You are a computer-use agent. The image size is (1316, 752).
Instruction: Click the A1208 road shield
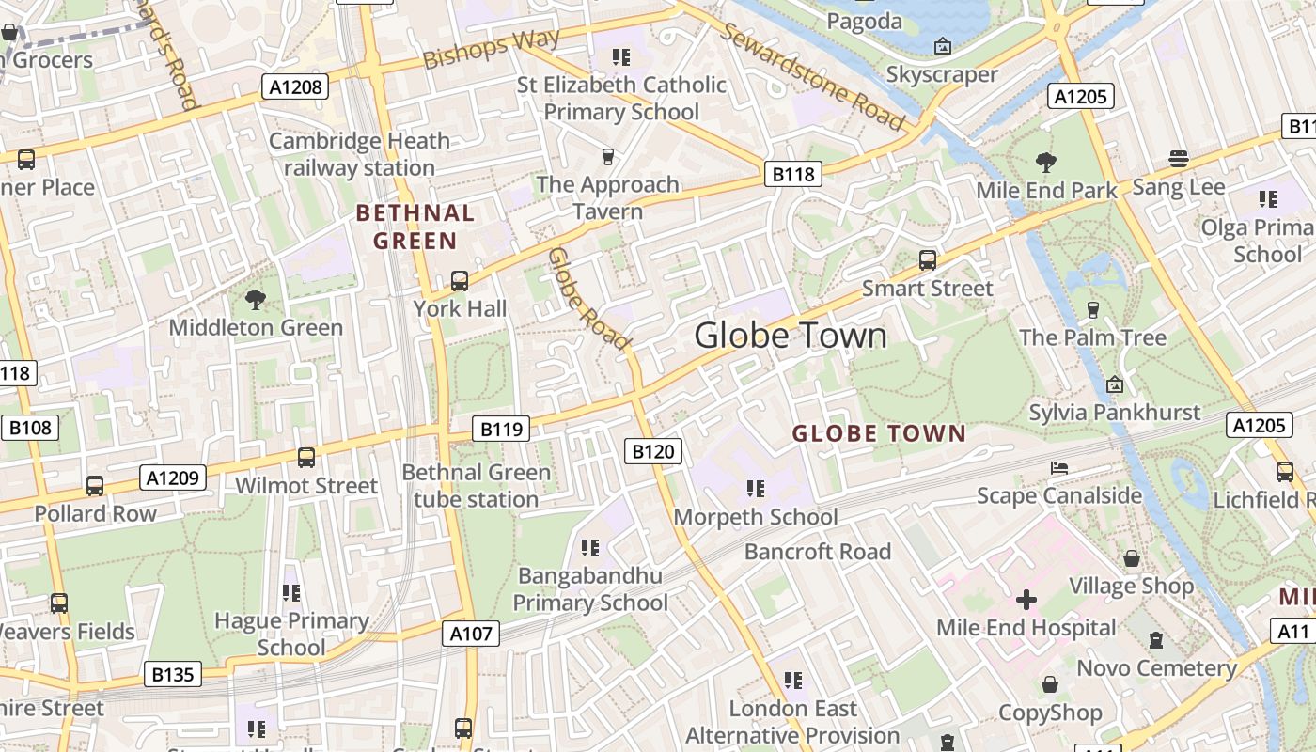pyautogui.click(x=295, y=87)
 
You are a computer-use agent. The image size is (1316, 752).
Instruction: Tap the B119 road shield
pyautogui.click(x=501, y=430)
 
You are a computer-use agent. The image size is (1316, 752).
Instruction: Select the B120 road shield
pyautogui.click(x=652, y=451)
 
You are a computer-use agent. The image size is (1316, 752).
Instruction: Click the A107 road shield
pyautogui.click(x=471, y=634)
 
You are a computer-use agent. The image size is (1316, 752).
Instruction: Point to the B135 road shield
pyautogui.click(x=173, y=674)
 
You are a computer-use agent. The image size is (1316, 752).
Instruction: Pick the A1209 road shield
pyautogui.click(x=173, y=478)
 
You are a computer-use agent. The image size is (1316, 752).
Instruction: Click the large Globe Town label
pyautogui.click(x=791, y=336)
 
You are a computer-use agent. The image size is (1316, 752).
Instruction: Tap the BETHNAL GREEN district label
pyautogui.click(x=415, y=227)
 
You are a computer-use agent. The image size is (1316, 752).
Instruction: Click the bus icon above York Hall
pyautogui.click(x=460, y=280)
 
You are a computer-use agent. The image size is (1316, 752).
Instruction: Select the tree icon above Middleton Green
pyautogui.click(x=255, y=300)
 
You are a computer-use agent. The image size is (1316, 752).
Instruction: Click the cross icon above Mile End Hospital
pyautogui.click(x=1026, y=600)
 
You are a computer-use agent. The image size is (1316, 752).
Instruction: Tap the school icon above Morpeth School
pyautogui.click(x=755, y=489)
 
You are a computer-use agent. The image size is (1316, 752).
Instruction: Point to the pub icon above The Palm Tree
pyautogui.click(x=1092, y=309)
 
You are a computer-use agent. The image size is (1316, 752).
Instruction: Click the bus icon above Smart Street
pyautogui.click(x=928, y=260)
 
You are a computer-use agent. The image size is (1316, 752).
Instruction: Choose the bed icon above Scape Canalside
pyautogui.click(x=1058, y=468)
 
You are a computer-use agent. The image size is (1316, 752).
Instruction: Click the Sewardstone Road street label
pyautogui.click(x=813, y=76)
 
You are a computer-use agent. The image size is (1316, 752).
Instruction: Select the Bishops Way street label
pyautogui.click(x=492, y=49)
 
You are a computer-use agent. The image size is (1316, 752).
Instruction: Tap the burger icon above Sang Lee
pyautogui.click(x=1178, y=159)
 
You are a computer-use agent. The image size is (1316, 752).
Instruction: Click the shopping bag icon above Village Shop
pyautogui.click(x=1132, y=558)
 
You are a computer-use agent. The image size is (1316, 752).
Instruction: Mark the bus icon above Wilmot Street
pyautogui.click(x=306, y=458)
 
